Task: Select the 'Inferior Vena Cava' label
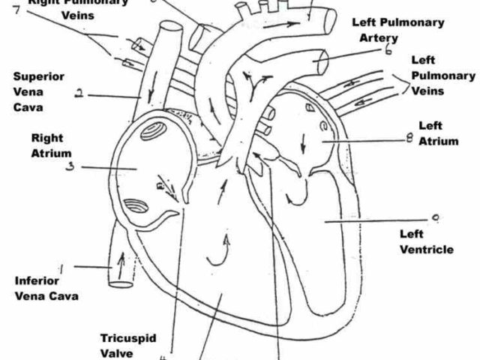pyautogui.click(x=46, y=288)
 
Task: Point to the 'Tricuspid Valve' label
pyautogui.click(x=128, y=345)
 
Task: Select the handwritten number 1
pyautogui.click(x=61, y=266)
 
